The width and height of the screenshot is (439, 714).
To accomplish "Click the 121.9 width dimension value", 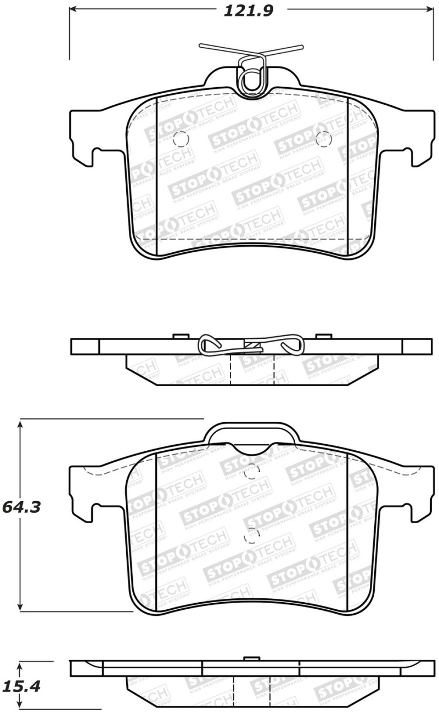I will (248, 10).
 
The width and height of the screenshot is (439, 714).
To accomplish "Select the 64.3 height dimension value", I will (22, 507).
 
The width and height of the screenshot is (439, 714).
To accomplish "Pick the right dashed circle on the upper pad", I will (323, 139).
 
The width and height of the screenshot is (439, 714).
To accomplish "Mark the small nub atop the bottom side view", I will (251, 658).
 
